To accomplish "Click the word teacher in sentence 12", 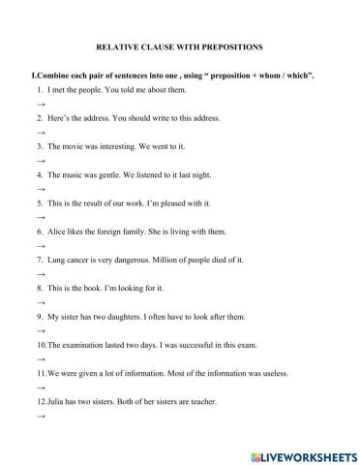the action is coord(201,401).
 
